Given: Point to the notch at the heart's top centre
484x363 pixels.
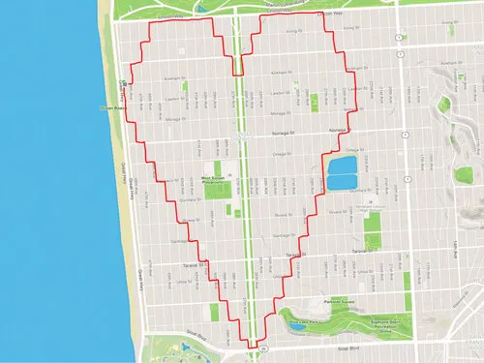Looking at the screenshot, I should tap(237, 73).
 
